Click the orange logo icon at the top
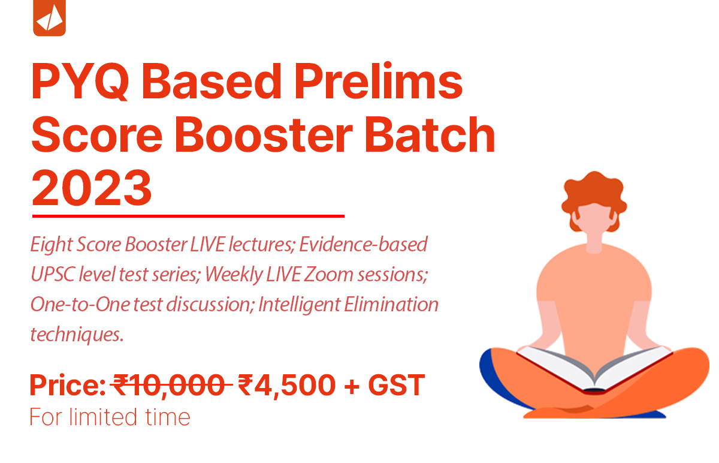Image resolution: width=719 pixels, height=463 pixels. click(49, 17)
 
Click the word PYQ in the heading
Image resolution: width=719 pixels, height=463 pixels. click(80, 82)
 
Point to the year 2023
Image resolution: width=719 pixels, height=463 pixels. click(92, 188)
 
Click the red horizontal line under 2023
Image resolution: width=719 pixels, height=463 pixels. click(188, 217)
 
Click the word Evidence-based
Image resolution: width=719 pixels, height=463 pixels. click(363, 244)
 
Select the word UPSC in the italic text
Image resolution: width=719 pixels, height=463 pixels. click(53, 275)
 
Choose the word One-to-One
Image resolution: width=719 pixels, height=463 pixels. click(80, 304)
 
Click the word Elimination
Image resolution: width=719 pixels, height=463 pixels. click(391, 304)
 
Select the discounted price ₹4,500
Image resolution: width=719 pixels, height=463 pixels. click(286, 385)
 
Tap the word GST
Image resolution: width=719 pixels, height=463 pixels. click(397, 384)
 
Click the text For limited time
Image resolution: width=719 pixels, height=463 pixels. click(110, 417)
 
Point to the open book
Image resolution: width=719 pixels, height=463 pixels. click(595, 369)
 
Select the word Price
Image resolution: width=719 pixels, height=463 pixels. click(68, 385)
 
